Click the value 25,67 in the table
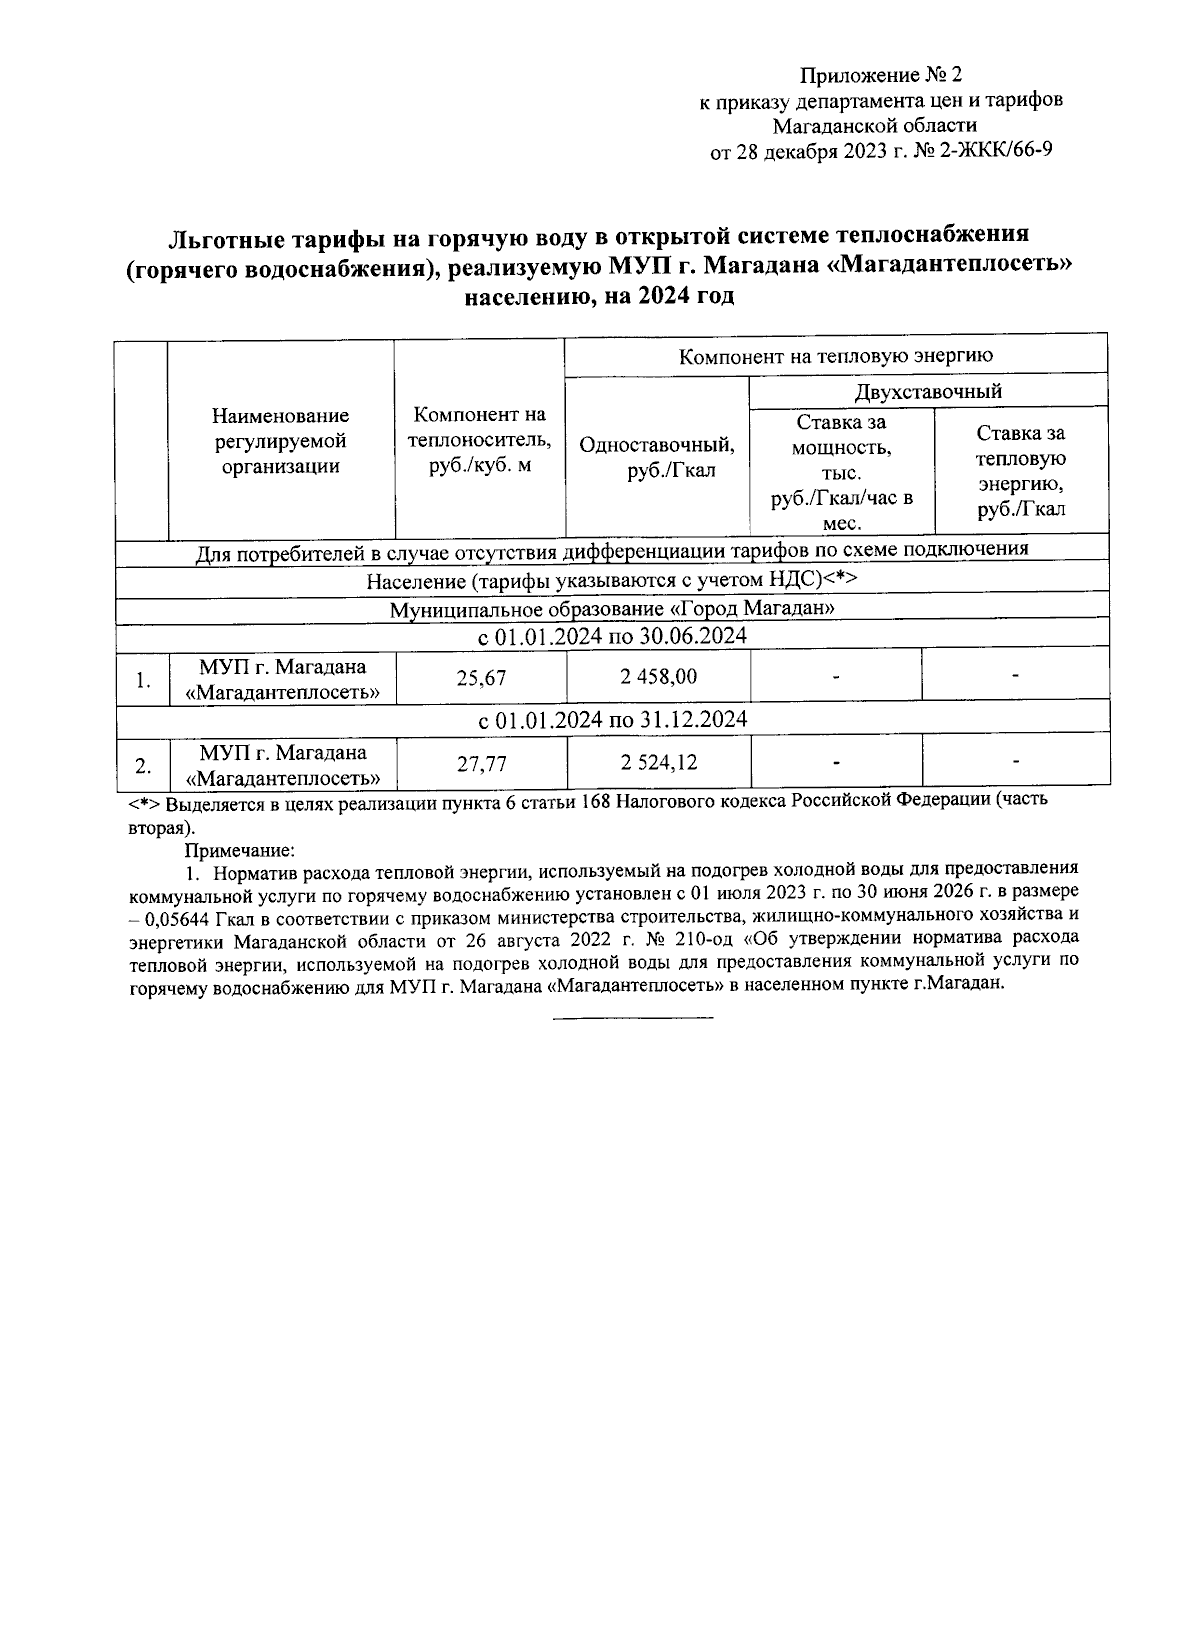(x=481, y=678)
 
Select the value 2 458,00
(x=658, y=677)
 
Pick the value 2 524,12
(x=658, y=763)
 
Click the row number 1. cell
(x=143, y=681)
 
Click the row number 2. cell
(x=143, y=767)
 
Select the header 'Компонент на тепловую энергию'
(x=835, y=356)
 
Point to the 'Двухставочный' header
(x=927, y=391)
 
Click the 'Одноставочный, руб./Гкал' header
(x=657, y=457)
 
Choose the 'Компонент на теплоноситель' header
(x=480, y=440)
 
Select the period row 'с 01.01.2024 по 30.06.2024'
(x=611, y=637)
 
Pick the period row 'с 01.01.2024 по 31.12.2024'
(x=611, y=720)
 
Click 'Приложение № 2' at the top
(x=880, y=75)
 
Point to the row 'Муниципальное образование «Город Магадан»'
(x=611, y=609)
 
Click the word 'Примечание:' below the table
(x=239, y=850)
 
